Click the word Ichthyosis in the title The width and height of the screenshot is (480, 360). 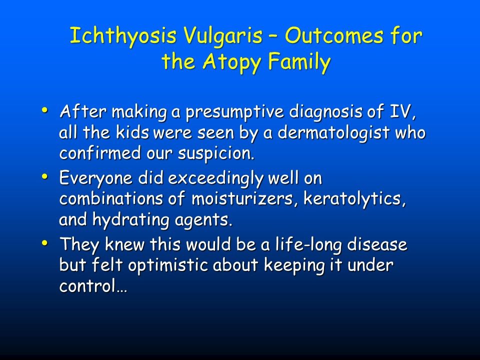[123, 36]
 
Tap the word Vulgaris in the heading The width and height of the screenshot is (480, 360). [223, 36]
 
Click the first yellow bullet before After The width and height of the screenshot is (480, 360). [45, 109]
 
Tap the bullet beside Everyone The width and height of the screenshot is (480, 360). [45, 176]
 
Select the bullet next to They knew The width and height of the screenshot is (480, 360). [45, 243]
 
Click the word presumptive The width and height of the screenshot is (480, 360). [234, 112]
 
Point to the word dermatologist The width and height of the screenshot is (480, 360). [333, 133]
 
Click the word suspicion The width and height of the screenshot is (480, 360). [216, 154]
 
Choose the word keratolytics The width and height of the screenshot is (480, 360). [354, 199]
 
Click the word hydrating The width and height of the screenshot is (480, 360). [131, 220]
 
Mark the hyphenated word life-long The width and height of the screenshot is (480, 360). [308, 245]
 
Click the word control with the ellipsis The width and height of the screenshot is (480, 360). [93, 286]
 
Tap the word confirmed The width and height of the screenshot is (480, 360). [100, 153]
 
